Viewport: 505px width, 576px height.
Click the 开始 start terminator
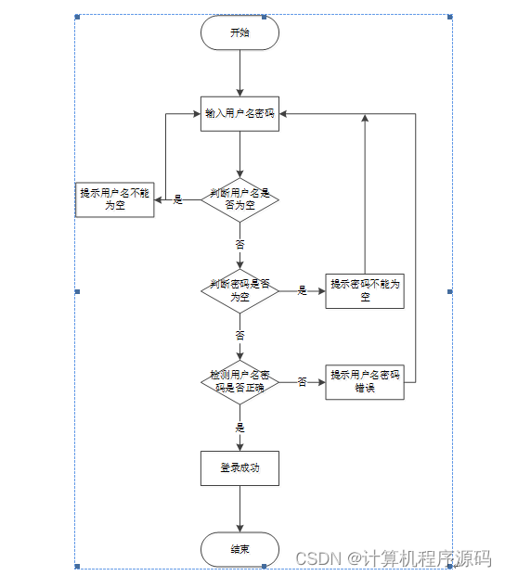(x=240, y=33)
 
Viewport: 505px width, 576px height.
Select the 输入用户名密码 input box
(x=240, y=114)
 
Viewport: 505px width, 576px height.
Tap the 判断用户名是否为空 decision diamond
(x=240, y=199)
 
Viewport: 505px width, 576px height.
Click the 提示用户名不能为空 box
(x=114, y=199)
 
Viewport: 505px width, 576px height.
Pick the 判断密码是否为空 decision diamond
(x=240, y=290)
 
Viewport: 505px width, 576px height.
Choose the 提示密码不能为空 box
(x=365, y=290)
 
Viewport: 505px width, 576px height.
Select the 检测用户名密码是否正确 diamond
(x=240, y=381)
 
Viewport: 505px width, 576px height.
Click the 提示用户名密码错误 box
(x=365, y=381)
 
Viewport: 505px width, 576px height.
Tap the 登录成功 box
(x=240, y=468)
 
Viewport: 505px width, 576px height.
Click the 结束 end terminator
(x=240, y=549)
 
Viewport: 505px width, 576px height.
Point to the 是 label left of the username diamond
(x=178, y=199)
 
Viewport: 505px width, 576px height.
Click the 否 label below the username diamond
(x=240, y=245)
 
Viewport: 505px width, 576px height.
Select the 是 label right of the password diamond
(x=302, y=290)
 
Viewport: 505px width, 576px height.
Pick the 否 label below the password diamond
(x=240, y=335)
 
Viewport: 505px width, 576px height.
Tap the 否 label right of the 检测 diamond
(x=302, y=381)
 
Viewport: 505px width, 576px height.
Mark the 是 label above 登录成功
(x=240, y=428)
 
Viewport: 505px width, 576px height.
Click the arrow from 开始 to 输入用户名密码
(x=240, y=72)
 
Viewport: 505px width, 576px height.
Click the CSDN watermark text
(x=393, y=558)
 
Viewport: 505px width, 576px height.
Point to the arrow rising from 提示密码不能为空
(x=365, y=195)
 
